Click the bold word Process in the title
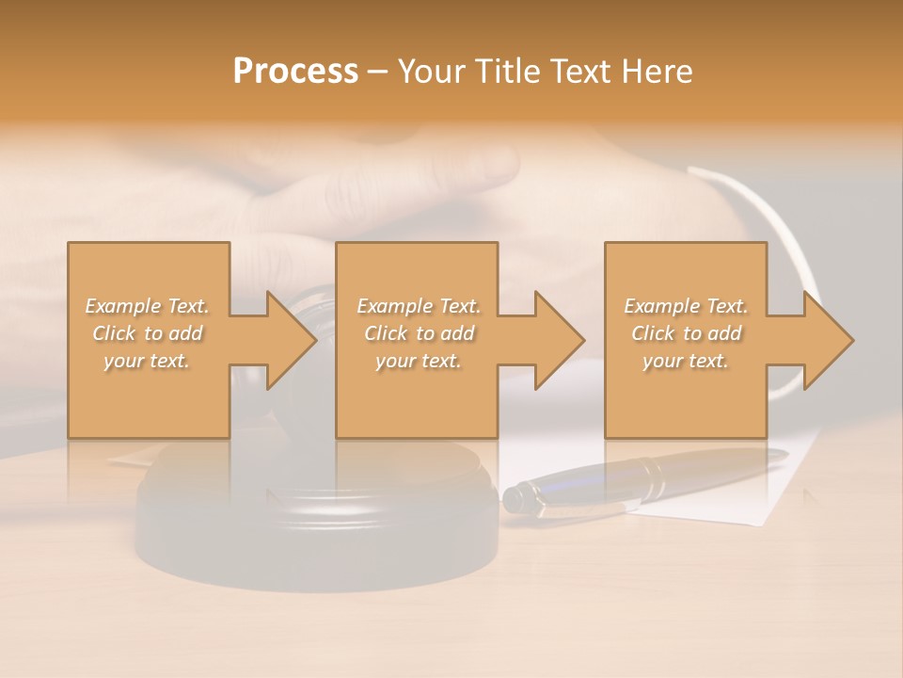click(x=295, y=72)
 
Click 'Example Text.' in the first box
click(x=147, y=306)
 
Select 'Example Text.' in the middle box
click(x=419, y=306)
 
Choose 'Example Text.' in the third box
click(x=686, y=306)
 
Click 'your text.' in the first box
click(x=147, y=361)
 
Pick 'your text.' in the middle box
click(x=419, y=361)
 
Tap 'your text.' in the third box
click(x=686, y=361)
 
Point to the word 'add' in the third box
click(x=723, y=333)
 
